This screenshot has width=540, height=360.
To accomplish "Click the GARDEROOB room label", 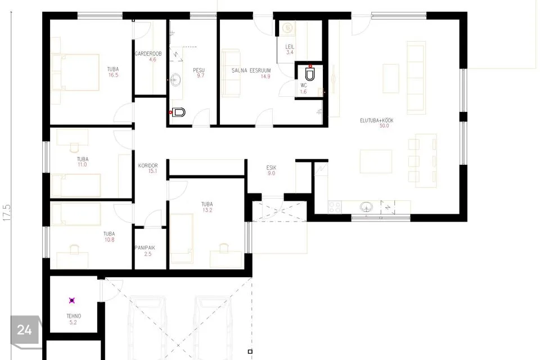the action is tap(148, 54).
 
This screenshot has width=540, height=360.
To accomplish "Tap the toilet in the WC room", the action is tap(310, 74).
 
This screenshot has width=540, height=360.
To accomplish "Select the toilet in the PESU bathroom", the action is tap(179, 112).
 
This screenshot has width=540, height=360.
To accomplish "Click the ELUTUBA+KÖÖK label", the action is tap(376, 120).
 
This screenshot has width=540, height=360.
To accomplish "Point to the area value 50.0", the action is tap(384, 126).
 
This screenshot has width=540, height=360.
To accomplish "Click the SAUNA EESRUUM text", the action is tap(251, 71).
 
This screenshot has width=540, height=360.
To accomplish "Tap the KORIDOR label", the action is tap(148, 166).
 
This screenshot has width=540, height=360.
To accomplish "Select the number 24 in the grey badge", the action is tap(24, 330).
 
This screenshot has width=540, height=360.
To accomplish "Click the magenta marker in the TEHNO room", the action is tap(71, 300).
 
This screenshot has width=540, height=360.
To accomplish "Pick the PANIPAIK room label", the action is tap(145, 247).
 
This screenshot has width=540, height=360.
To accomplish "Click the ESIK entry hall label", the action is tap(271, 168).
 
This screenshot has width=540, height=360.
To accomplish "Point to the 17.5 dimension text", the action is tap(7, 213).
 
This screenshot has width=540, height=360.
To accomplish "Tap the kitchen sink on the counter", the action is tap(366, 207).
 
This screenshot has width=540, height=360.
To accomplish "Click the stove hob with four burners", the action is tap(335, 207).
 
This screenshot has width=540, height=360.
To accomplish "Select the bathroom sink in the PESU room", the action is tap(175, 79).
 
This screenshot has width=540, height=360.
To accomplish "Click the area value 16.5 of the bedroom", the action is tap(113, 75).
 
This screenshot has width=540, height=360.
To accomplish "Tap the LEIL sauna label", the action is tap(290, 47).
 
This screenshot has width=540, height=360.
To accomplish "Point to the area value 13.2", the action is tap(207, 210).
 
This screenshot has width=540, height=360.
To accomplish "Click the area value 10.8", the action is tap(109, 240).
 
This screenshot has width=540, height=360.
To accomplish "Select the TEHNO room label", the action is tap(74, 316).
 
